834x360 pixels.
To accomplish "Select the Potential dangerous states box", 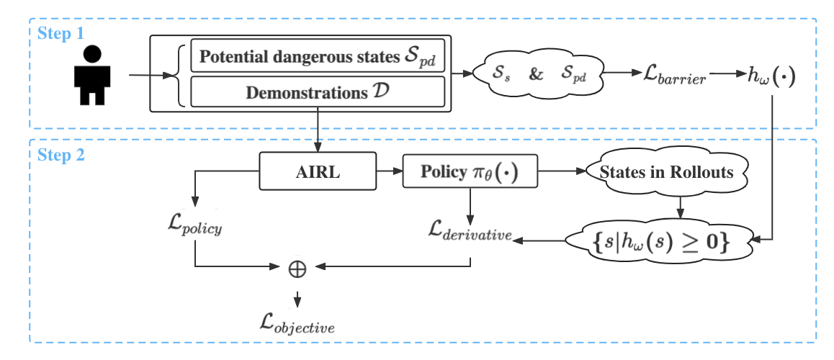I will click(318, 58).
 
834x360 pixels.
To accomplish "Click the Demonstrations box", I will click(318, 92).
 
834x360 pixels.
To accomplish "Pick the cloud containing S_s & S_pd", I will click(537, 73).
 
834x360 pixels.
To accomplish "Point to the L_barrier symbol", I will click(675, 75).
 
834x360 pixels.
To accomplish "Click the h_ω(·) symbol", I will click(770, 75).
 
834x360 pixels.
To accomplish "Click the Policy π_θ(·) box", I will click(470, 173).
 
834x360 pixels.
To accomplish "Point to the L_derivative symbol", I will click(469, 231).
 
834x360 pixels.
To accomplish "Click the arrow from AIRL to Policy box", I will click(389, 173).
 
